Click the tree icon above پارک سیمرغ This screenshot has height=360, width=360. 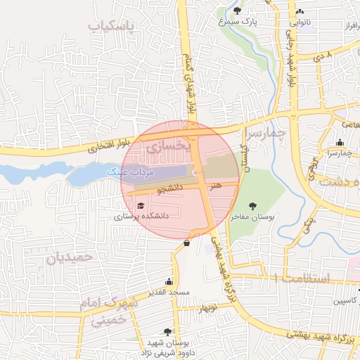237,11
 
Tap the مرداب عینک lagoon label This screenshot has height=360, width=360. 129,171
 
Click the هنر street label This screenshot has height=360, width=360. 215,185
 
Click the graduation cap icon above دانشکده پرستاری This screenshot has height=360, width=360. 141,206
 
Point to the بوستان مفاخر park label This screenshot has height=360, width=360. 255,218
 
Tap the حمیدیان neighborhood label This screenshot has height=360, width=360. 69,257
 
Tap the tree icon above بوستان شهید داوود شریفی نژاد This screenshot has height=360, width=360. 167,331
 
